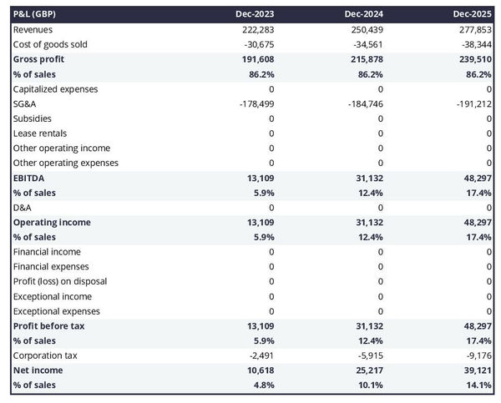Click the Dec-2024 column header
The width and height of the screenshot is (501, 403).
coord(364,14)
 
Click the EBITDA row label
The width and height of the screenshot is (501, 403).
coord(28,178)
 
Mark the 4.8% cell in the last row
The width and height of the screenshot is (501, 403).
coord(261,385)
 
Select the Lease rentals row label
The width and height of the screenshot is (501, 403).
coord(40,133)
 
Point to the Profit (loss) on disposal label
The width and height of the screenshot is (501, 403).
coord(59,281)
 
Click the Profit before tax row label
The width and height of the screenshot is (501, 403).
coord(48,325)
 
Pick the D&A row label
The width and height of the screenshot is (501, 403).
coord(23,207)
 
